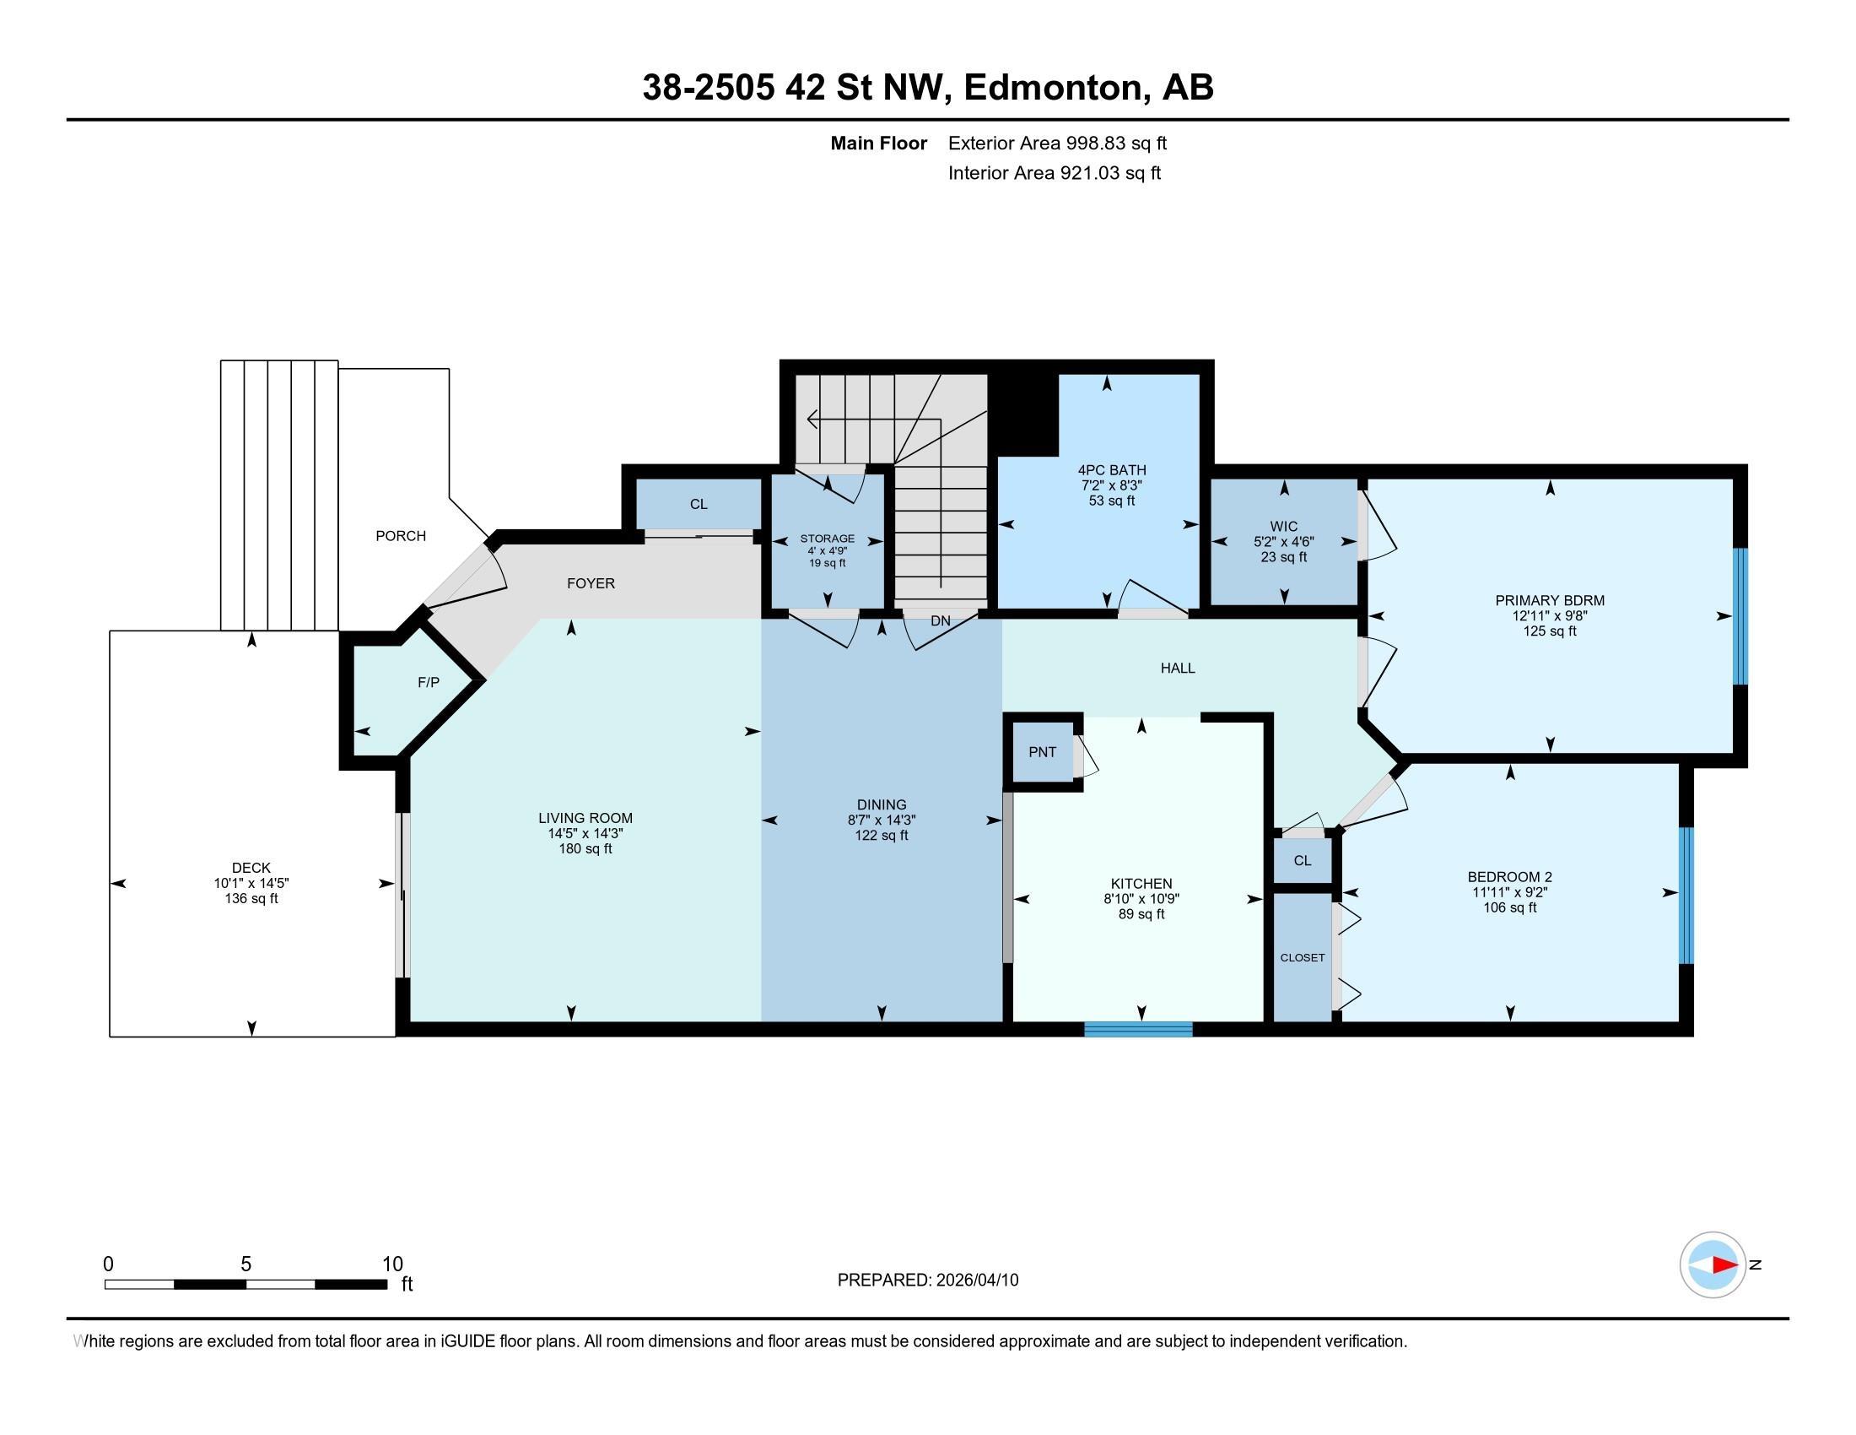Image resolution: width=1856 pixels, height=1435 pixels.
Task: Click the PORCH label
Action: [x=401, y=535]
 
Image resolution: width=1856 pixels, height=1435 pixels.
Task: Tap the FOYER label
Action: [x=591, y=583]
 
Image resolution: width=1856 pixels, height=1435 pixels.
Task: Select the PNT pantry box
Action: [x=1043, y=751]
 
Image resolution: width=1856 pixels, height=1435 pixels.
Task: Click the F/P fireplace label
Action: [x=429, y=683]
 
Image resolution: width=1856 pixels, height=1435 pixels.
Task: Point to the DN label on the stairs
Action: [x=940, y=620]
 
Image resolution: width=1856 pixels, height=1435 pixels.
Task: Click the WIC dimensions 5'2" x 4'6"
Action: [x=1283, y=542]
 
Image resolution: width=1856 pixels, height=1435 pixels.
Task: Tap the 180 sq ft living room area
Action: [x=585, y=848]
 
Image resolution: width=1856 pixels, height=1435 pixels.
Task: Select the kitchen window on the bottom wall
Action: [x=1139, y=1029]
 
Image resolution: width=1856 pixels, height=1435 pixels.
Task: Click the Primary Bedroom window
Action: [x=1740, y=615]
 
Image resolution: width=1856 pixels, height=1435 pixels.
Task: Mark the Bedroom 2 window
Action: [x=1687, y=895]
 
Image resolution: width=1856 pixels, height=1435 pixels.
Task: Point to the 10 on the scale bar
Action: [x=391, y=1264]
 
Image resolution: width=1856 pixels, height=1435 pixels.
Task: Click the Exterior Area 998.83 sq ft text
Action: [x=1057, y=143]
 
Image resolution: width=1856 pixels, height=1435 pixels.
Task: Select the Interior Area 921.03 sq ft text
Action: [x=1054, y=172]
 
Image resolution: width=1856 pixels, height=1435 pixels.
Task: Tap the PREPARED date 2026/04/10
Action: [x=975, y=1280]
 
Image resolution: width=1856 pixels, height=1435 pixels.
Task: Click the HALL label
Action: [x=1178, y=669]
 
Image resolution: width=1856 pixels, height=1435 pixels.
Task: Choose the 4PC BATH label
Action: [x=1112, y=470]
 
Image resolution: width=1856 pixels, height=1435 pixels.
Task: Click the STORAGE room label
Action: [x=827, y=539]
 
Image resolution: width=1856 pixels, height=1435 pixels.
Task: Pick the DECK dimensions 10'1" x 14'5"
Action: [x=251, y=883]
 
